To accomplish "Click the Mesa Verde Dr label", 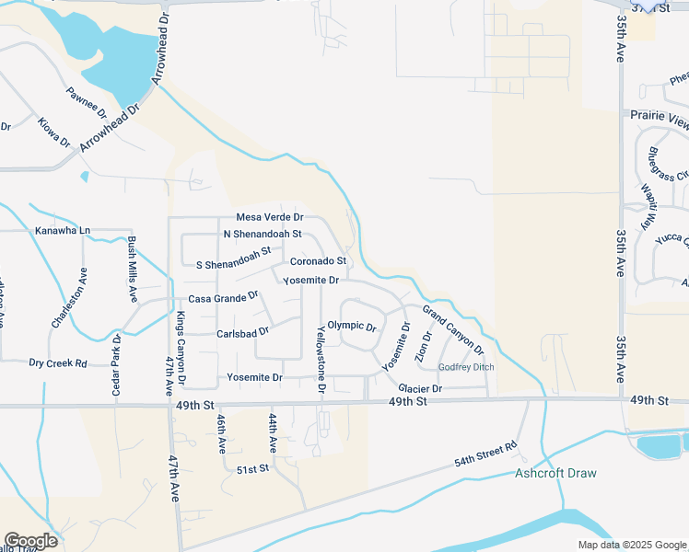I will pyautogui.click(x=270, y=217).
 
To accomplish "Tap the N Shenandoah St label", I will pyautogui.click(x=263, y=234).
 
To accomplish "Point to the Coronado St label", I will pyautogui.click(x=318, y=261).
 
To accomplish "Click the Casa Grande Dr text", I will pyautogui.click(x=223, y=299).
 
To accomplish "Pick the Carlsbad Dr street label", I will pyautogui.click(x=243, y=332).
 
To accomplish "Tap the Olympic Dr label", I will pyautogui.click(x=353, y=327).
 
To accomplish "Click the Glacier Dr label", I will pyautogui.click(x=420, y=388).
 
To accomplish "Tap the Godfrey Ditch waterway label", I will pyautogui.click(x=466, y=367).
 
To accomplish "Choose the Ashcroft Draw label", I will pyautogui.click(x=555, y=473).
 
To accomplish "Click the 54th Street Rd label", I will pyautogui.click(x=485, y=454).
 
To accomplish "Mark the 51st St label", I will pyautogui.click(x=251, y=468).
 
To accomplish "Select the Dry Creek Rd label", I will pyautogui.click(x=57, y=363).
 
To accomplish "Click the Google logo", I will pyautogui.click(x=30, y=541).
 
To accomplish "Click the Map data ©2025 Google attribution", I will pyautogui.click(x=631, y=545).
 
